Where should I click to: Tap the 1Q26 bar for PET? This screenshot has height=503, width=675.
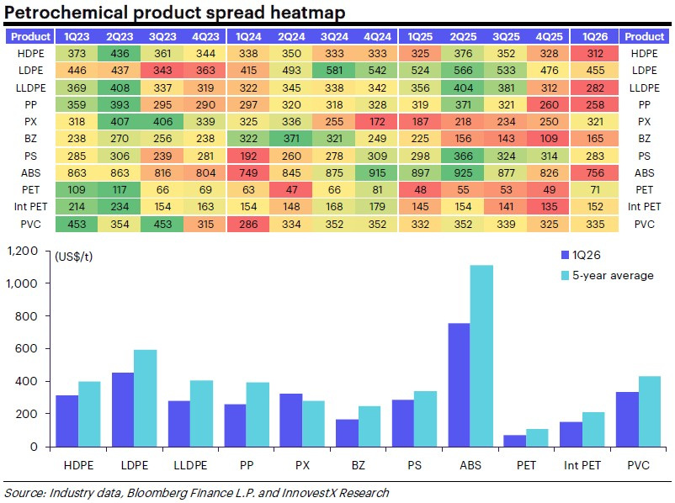pos(514,440)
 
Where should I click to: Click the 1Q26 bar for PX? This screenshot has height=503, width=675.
pos(291,420)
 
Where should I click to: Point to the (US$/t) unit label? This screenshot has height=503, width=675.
pos(74,257)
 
